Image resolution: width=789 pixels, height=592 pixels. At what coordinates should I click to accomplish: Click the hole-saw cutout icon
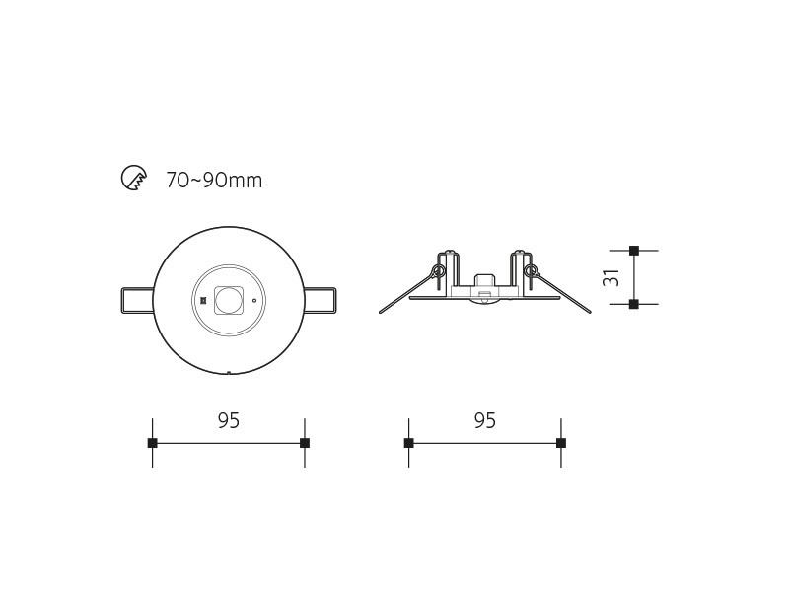coord(134,178)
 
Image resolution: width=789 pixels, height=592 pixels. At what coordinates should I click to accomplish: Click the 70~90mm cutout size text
coord(214,181)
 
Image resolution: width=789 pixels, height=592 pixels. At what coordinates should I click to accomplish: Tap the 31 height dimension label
coord(610,277)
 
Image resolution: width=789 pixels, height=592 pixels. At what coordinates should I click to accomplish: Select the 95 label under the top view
coord(229,420)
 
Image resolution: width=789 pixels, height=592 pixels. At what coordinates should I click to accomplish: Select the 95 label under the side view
coord(485,420)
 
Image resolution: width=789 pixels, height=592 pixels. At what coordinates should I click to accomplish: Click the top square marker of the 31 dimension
coord(634,251)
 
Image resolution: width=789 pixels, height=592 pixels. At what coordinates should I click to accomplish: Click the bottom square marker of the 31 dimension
coord(634,304)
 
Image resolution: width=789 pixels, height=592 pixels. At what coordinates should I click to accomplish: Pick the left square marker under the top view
coord(153,443)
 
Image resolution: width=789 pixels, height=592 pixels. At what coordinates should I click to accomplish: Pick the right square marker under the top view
coord(305,443)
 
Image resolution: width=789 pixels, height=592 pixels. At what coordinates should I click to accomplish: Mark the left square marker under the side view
coord(408,443)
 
